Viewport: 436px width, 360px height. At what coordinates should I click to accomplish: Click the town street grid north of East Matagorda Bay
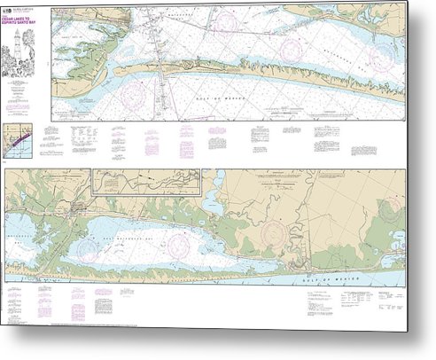pos(83,209)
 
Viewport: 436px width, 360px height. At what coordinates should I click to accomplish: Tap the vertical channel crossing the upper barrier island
pos(165,75)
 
